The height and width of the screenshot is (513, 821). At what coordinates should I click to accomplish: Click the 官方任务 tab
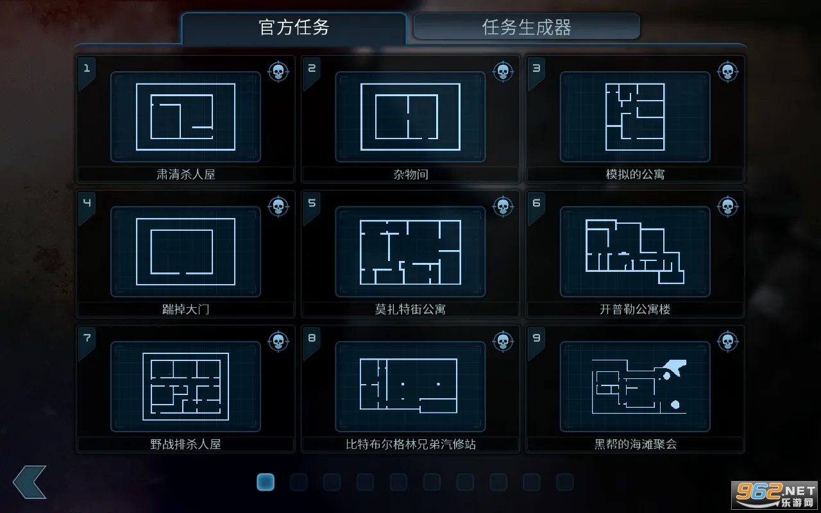tap(294, 28)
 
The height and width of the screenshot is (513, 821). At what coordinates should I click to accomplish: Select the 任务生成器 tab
tap(527, 27)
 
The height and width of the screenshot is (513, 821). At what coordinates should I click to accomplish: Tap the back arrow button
tap(30, 482)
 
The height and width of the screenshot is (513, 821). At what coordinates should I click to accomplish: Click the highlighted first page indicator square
tap(266, 482)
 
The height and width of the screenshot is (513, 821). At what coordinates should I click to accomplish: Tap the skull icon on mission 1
tap(278, 71)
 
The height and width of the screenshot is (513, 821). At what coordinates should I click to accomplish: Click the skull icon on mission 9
tap(728, 342)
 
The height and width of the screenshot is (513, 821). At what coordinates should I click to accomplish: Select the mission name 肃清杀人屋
tap(186, 174)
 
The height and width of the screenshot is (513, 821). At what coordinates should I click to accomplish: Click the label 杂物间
tap(410, 174)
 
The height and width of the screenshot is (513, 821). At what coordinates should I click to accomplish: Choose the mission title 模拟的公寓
tap(635, 174)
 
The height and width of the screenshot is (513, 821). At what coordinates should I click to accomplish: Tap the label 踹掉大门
tap(186, 309)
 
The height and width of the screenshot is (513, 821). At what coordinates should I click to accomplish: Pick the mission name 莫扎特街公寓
tap(410, 309)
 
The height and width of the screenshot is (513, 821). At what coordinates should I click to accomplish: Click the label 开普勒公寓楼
tap(635, 309)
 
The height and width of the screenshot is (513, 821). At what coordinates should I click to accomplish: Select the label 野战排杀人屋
tap(186, 444)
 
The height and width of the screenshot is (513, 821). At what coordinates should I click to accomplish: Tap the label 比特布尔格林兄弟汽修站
tap(410, 444)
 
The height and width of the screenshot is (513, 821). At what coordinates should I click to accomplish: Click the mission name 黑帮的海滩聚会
tap(635, 444)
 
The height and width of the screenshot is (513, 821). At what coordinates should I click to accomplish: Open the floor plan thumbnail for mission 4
tap(186, 252)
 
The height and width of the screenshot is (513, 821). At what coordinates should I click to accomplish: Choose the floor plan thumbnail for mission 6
tap(635, 252)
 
